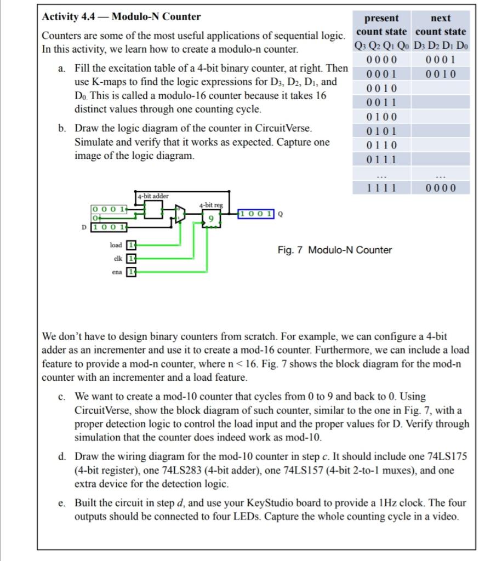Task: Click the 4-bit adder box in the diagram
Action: [153, 209]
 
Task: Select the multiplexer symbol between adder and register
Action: [180, 214]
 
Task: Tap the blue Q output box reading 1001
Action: [256, 214]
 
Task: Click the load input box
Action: [131, 244]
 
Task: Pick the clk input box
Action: [131, 258]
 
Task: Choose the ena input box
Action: [131, 271]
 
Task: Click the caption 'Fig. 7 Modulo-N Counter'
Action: [334, 250]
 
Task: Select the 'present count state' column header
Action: [381, 25]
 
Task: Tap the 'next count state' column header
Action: [441, 25]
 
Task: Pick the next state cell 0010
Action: [441, 74]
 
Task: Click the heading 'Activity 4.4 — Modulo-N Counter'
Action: [121, 16]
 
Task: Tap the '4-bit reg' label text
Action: [212, 205]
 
